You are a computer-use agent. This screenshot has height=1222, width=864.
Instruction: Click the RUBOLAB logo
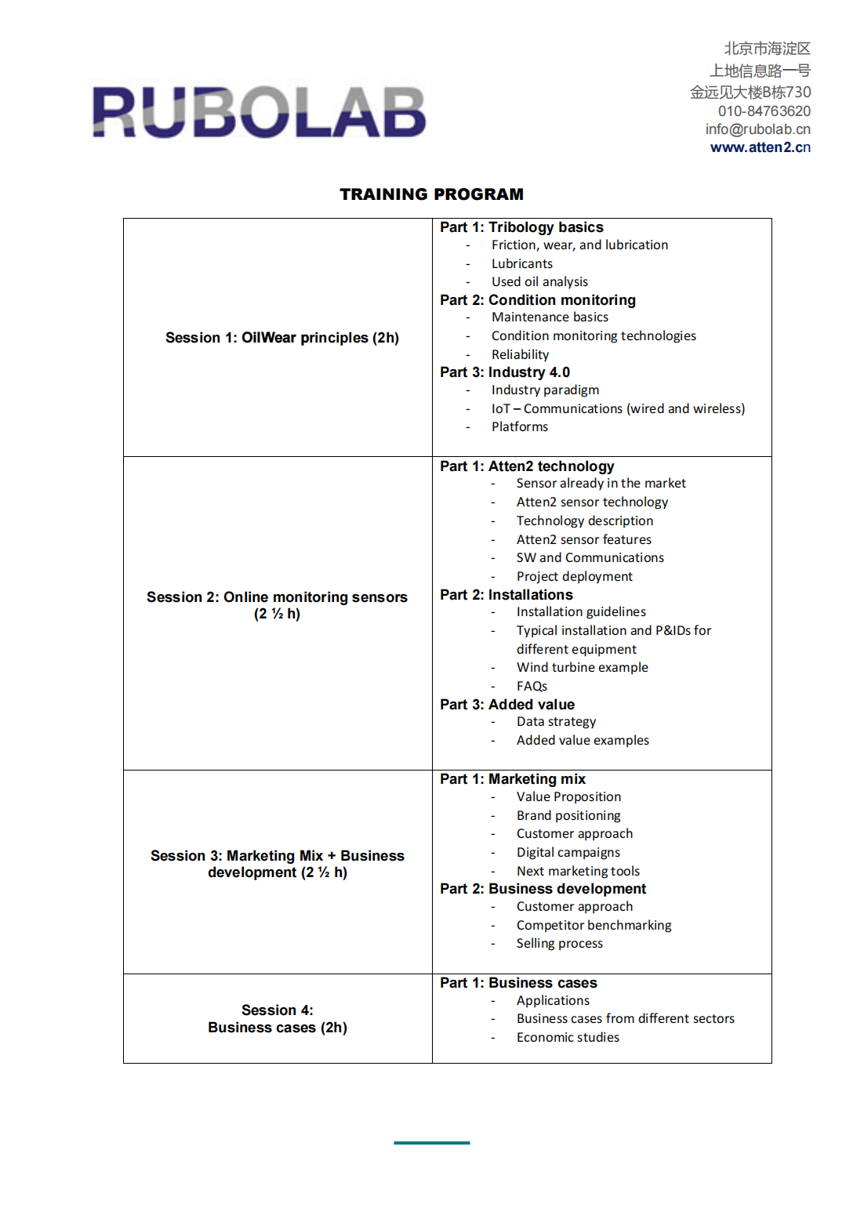tap(259, 112)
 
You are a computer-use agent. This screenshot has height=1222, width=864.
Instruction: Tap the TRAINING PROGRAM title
tap(431, 194)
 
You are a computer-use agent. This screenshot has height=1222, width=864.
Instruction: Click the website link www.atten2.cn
tap(760, 147)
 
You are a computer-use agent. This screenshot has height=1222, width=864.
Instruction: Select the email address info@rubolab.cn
tap(757, 129)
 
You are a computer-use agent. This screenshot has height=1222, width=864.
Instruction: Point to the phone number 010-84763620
tap(764, 111)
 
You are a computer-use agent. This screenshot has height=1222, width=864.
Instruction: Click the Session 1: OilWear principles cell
tap(281, 338)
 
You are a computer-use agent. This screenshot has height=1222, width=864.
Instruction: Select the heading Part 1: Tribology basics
tap(521, 227)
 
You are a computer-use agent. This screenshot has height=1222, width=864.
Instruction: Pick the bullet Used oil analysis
tap(539, 281)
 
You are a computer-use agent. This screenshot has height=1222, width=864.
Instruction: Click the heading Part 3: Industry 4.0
tap(504, 372)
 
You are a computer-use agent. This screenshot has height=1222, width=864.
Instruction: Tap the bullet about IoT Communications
tap(618, 408)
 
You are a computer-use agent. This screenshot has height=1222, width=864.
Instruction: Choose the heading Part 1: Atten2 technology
tap(527, 466)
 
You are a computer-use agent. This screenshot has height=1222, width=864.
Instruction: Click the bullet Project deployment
tap(574, 576)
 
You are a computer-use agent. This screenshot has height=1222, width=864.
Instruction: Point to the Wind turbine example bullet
tap(582, 667)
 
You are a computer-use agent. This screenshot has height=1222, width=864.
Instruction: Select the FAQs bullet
tap(532, 686)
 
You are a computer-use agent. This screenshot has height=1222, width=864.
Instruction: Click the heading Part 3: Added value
tap(506, 705)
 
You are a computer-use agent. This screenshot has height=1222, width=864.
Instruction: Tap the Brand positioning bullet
tap(568, 815)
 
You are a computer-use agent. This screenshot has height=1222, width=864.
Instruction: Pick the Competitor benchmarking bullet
tap(594, 925)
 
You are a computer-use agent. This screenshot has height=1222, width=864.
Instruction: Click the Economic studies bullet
tap(568, 1037)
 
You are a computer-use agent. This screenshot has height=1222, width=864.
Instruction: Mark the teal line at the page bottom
tap(431, 1143)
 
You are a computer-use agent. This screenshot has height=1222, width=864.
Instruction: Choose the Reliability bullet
tap(520, 354)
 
